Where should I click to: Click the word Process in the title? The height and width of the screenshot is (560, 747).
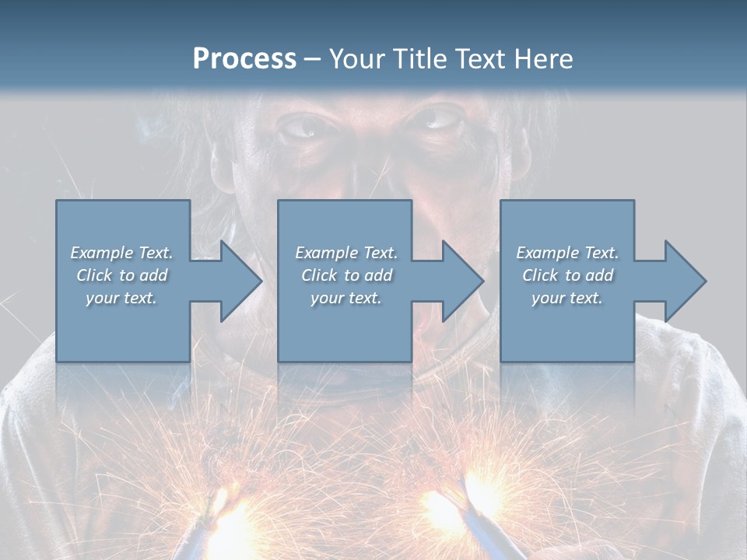[x=244, y=59]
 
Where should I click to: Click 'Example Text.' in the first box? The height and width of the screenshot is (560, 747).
[x=121, y=253]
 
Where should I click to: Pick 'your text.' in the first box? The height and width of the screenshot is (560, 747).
[x=121, y=298]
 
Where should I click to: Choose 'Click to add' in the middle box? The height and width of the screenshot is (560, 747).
[x=346, y=275]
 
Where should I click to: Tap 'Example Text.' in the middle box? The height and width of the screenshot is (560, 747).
[x=346, y=253]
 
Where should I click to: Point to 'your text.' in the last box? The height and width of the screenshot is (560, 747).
[x=567, y=298]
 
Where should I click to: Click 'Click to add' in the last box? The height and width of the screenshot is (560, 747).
[x=567, y=275]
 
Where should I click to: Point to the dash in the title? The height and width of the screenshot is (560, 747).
[x=312, y=60]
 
